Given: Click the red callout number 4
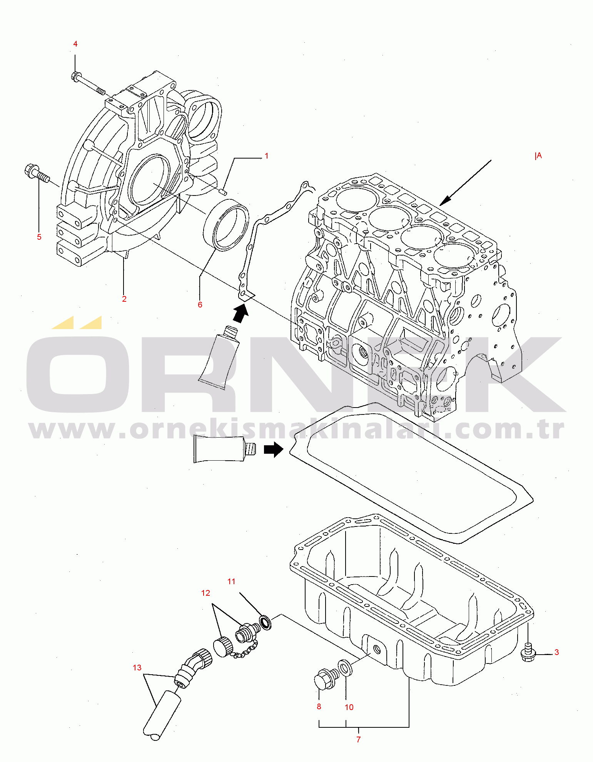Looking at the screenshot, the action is (x=75, y=44).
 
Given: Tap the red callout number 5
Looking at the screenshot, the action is (x=39, y=237).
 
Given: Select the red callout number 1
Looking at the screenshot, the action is (x=266, y=156).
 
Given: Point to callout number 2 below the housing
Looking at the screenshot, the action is (x=124, y=299).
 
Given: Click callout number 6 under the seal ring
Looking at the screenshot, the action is (x=200, y=305).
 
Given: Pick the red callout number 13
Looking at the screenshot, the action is (x=137, y=668).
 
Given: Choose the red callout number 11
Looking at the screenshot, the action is (x=231, y=582).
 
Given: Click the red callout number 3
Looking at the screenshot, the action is (x=557, y=652).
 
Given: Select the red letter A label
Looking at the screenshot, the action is (x=539, y=156).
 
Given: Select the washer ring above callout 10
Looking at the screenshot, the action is (x=345, y=667).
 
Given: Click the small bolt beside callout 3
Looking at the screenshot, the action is (x=528, y=652).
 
